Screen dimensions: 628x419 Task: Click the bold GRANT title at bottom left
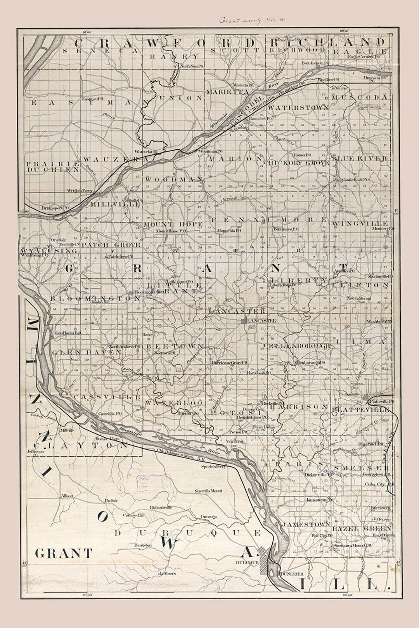pyautogui.click(x=64, y=553)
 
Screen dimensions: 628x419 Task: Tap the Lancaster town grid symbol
pyautogui.click(x=244, y=321)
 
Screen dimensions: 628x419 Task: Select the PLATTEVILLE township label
pyautogui.click(x=360, y=409)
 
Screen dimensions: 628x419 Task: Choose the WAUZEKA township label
pyautogui.click(x=116, y=159)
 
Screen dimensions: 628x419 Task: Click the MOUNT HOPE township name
pyautogui.click(x=173, y=224)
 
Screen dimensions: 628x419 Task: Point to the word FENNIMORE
pyautogui.click(x=269, y=220)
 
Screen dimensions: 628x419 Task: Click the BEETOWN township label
pyautogui.click(x=175, y=345)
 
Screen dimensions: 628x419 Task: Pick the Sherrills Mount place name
pyautogui.click(x=209, y=491)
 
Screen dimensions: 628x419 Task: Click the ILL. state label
pyautogui.click(x=344, y=584)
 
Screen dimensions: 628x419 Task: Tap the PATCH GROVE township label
pyautogui.click(x=110, y=245)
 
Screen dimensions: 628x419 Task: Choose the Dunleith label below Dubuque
pyautogui.click(x=291, y=573)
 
